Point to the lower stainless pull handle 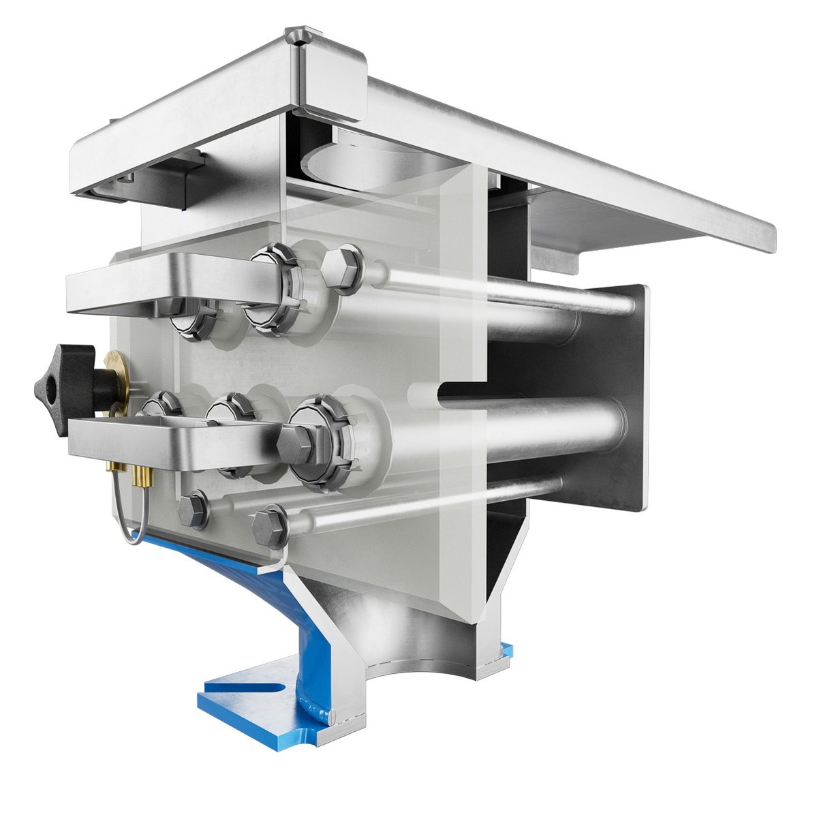pyautogui.click(x=170, y=443)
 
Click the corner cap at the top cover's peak pyautogui.click(x=297, y=35)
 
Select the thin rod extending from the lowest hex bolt pyautogui.click(x=422, y=504)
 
